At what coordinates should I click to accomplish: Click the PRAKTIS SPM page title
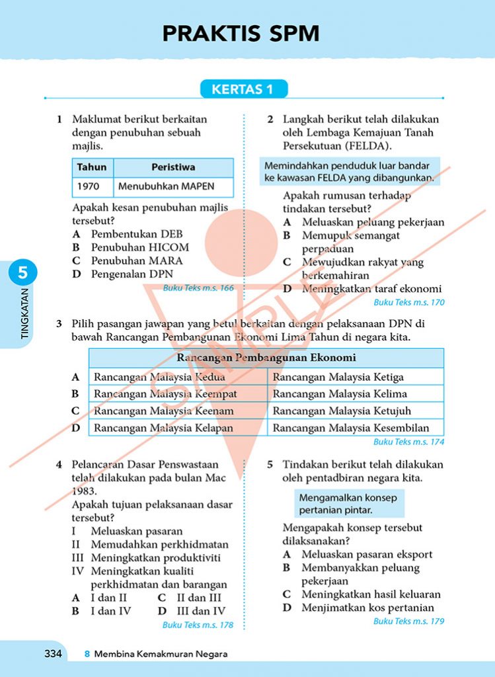[241, 33]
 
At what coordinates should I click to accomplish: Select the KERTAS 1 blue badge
[242, 89]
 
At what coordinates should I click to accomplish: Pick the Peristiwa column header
[173, 167]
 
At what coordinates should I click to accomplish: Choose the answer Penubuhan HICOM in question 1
[139, 247]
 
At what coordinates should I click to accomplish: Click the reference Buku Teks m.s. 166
[198, 288]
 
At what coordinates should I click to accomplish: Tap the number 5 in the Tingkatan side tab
[23, 272]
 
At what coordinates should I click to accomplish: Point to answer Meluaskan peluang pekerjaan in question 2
[373, 222]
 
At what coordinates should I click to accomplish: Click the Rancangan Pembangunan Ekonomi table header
[266, 358]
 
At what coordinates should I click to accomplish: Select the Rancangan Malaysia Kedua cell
[159, 377]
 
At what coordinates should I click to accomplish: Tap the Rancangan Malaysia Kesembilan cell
[351, 428]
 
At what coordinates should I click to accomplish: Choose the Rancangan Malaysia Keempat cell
[165, 393]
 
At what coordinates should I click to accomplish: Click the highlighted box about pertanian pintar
[348, 503]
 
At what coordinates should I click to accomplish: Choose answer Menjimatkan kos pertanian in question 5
[367, 608]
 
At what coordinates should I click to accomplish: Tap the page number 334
[53, 654]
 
